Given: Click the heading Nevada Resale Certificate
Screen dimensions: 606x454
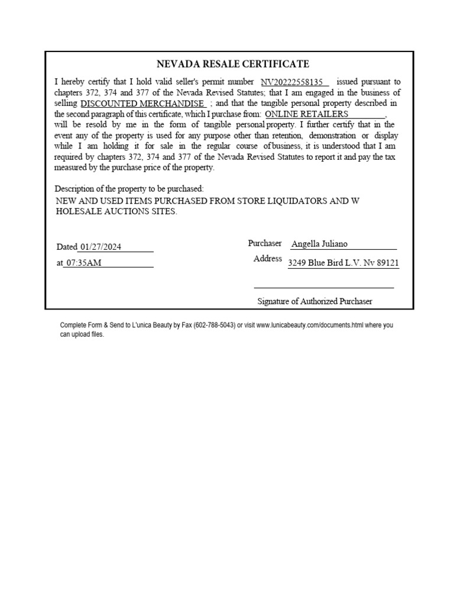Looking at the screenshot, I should click(x=232, y=64).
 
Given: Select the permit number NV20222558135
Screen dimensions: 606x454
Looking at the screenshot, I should click(x=292, y=82).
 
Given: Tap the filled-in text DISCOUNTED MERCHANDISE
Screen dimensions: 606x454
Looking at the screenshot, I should click(x=143, y=103).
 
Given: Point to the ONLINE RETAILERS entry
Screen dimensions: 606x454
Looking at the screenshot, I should click(x=307, y=114).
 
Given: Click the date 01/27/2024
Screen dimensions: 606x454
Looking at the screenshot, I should click(x=100, y=247).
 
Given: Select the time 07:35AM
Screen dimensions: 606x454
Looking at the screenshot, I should click(x=83, y=263).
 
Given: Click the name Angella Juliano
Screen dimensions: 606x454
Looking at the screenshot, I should click(x=319, y=244).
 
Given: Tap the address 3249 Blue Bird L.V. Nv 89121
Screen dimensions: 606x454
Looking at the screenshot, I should click(x=343, y=263).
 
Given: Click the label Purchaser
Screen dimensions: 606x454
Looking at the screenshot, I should click(x=265, y=243).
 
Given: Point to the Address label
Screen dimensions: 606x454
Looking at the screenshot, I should click(x=268, y=259).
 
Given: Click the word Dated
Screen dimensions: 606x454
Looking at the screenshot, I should click(x=67, y=247).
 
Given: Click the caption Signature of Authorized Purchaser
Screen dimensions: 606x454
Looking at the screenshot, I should click(x=314, y=301).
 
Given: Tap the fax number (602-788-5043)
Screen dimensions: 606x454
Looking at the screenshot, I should click(x=213, y=325).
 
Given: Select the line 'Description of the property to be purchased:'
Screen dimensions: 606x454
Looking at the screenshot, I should click(x=129, y=189).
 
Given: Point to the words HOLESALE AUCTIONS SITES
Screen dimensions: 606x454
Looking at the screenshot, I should click(x=116, y=212).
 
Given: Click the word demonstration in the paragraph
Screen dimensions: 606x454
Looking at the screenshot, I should click(x=333, y=135).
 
